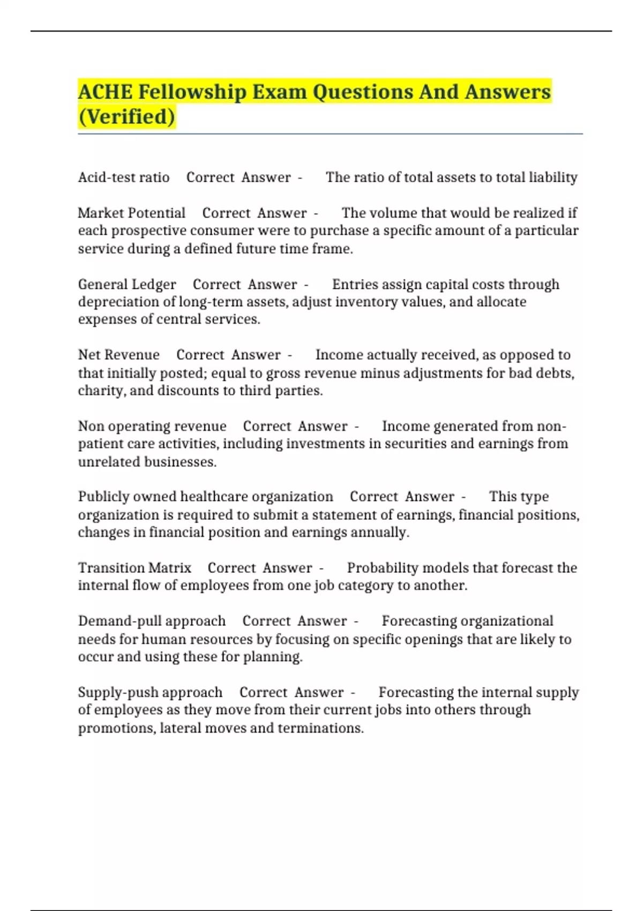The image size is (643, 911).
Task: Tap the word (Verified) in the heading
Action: click(x=126, y=117)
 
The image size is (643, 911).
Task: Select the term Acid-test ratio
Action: click(x=124, y=177)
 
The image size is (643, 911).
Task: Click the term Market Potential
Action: click(x=131, y=213)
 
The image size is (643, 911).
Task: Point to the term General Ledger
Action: click(x=127, y=284)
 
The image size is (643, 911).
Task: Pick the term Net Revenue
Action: click(x=118, y=355)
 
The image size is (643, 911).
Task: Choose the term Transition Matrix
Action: click(x=134, y=567)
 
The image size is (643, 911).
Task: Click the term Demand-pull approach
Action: click(x=152, y=621)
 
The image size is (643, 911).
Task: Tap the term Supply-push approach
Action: click(x=150, y=692)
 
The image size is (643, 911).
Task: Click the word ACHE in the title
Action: click(x=105, y=92)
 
